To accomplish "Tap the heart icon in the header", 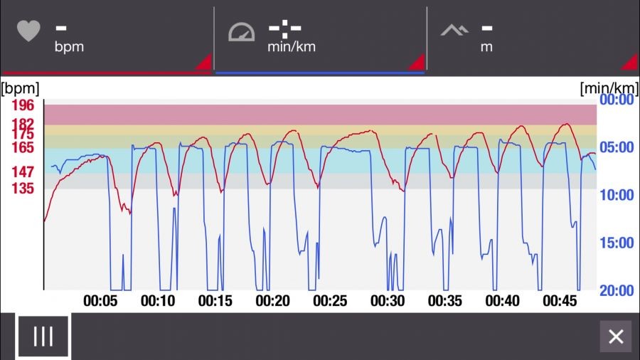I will click(x=28, y=31).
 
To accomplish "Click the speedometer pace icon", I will click(x=241, y=33).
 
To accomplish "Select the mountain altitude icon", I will click(x=454, y=31).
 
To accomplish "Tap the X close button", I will click(x=616, y=337).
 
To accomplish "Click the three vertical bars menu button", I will click(x=43, y=336).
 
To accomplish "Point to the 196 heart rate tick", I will click(x=23, y=105).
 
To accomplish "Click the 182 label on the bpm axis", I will click(x=23, y=124).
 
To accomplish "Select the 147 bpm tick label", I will click(x=23, y=172).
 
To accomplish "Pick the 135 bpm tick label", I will click(x=23, y=189).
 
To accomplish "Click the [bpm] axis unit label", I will click(x=20, y=88).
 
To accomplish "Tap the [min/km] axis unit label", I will click(x=609, y=88).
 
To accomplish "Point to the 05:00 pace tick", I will click(x=617, y=147).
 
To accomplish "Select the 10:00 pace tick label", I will click(x=617, y=195).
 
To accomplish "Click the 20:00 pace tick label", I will click(x=617, y=290).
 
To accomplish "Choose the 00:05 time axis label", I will click(x=100, y=301).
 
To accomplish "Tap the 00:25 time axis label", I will click(x=330, y=301).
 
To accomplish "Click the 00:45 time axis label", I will click(x=560, y=301).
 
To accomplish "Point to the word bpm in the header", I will click(x=69, y=48).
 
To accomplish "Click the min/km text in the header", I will click(x=292, y=48).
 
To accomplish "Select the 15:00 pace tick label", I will click(x=617, y=243).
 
